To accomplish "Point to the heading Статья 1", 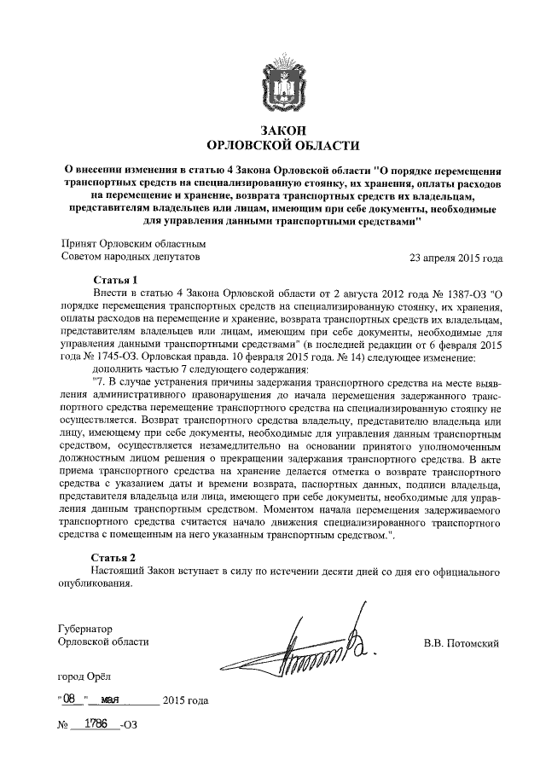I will point(113,280).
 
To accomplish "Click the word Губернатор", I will point(85,627).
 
